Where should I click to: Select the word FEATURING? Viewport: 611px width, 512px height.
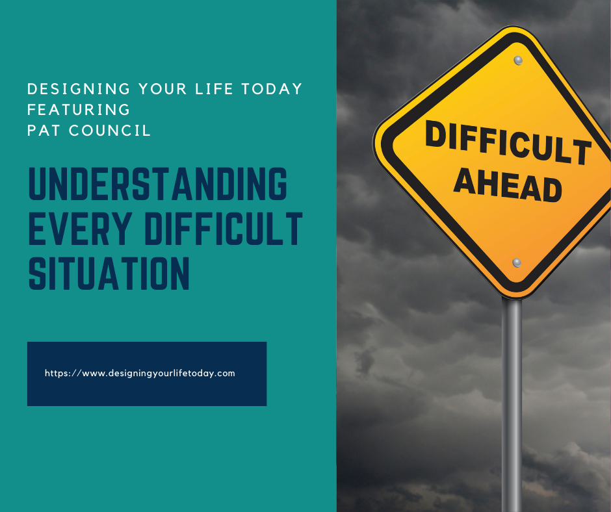tap(79, 109)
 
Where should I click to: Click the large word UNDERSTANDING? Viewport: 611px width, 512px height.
tap(157, 185)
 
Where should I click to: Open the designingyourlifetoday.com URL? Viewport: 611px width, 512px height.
tap(140, 374)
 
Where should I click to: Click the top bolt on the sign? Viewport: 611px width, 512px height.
tap(518, 60)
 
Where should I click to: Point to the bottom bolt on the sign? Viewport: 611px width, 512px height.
tap(517, 262)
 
